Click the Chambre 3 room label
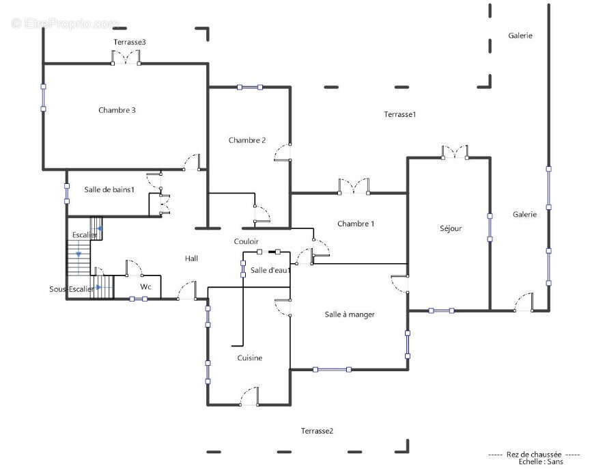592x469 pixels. point(117,110)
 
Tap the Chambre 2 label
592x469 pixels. point(247,140)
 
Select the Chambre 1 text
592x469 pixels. point(356,224)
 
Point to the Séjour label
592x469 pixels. point(451,228)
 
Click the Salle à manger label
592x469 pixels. point(350,314)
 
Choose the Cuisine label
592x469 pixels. point(249,358)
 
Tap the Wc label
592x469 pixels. point(145,287)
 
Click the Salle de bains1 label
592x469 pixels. point(109,189)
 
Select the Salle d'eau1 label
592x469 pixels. point(270,270)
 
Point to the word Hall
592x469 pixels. point(191,258)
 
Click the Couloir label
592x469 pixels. point(246,241)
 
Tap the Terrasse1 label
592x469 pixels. point(400,114)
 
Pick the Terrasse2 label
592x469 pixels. point(317,431)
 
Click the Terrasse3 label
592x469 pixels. point(130,42)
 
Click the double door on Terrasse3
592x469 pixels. point(126,57)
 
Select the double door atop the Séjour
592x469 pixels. point(455,152)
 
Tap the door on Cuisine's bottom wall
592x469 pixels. point(249,397)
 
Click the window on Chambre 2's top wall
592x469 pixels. point(250,88)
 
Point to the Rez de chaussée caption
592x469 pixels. point(534,454)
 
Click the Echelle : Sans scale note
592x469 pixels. point(541,461)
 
